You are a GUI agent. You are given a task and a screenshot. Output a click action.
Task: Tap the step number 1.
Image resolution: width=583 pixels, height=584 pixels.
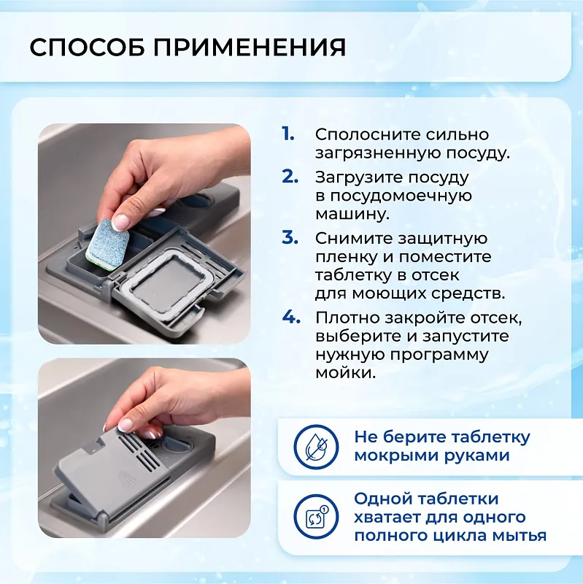[x=288, y=134]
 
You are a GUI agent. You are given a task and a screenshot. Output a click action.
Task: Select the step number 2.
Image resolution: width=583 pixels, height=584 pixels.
[x=290, y=177]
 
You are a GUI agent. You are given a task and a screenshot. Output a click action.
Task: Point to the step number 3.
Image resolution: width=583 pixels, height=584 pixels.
[x=290, y=238]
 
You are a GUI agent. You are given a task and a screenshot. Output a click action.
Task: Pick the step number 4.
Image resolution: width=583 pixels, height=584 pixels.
[x=290, y=317]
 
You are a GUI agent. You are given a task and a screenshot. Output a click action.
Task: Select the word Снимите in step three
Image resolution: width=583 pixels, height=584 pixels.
[x=347, y=239]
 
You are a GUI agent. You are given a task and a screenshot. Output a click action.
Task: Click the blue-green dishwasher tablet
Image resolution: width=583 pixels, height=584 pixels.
[x=107, y=241]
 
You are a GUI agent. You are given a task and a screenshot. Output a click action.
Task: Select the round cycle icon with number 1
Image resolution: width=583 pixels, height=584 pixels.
[x=315, y=517]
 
